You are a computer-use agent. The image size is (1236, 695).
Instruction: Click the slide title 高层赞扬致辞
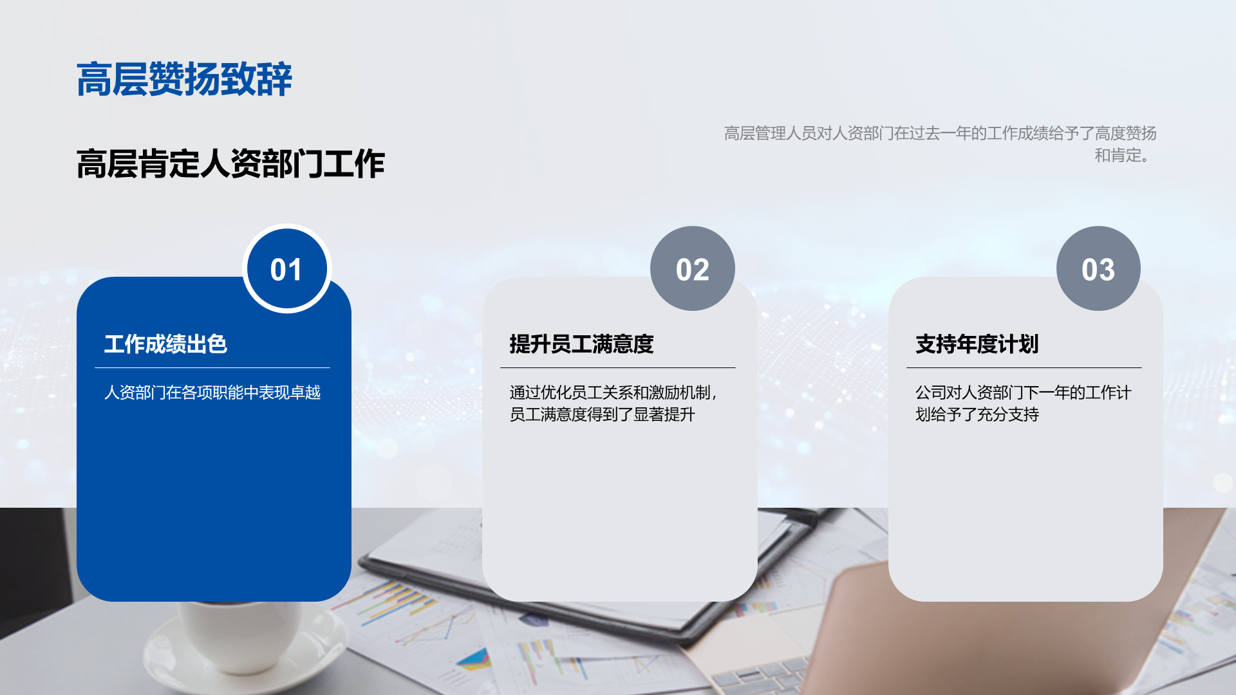[x=184, y=80]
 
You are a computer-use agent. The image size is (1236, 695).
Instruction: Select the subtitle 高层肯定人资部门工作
[x=230, y=163]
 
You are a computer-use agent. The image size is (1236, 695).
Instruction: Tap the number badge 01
[x=286, y=268]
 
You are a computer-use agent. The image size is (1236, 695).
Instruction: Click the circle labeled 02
[x=693, y=268]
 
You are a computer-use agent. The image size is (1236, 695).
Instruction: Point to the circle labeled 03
[x=1098, y=268]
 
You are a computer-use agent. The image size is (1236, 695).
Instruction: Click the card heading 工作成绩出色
[x=165, y=344]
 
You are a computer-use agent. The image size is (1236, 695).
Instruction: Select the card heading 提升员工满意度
[x=581, y=344]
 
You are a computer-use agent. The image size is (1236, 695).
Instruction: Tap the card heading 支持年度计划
[x=977, y=344]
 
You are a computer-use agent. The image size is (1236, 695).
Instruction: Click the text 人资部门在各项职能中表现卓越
[x=212, y=393]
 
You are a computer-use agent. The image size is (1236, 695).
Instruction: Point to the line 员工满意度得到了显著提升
[x=602, y=414]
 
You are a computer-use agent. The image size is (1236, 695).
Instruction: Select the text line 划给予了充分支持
[x=977, y=414]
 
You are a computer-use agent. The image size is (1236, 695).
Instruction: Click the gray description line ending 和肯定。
[x=1122, y=155]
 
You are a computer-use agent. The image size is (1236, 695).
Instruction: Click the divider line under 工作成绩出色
[x=212, y=368]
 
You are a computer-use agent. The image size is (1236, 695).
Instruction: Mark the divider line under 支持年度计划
[x=1024, y=368]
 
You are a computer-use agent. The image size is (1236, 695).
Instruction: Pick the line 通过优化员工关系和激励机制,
[x=613, y=393]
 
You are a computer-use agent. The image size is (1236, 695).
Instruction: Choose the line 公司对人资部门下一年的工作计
[x=1024, y=393]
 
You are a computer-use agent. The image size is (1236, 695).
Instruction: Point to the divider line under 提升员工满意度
[x=618, y=368]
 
